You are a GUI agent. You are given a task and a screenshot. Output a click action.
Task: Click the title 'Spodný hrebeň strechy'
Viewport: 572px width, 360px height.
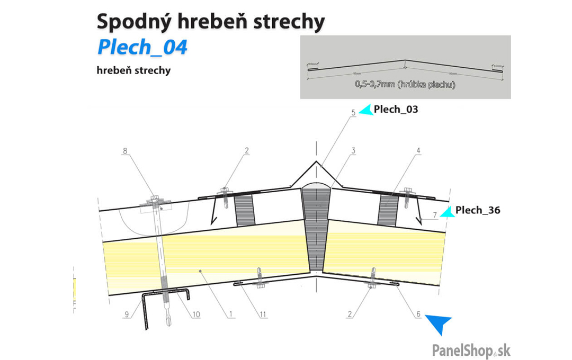pos(210,22)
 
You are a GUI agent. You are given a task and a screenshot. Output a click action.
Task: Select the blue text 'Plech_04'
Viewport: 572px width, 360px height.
pos(142,47)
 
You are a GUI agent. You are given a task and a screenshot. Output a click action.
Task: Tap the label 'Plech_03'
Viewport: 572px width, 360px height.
pos(396,110)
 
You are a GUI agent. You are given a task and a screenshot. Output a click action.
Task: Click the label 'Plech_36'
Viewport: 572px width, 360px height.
pos(478,210)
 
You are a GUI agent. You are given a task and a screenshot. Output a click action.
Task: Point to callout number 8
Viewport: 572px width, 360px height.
pos(125,151)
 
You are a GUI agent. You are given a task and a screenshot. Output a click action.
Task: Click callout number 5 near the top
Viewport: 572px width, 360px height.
pos(352,112)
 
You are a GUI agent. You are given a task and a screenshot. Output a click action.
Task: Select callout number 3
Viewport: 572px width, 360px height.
pos(352,151)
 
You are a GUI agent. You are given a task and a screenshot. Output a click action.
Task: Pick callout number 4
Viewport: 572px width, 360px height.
pos(418,151)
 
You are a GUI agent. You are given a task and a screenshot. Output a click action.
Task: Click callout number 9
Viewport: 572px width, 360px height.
pos(127,314)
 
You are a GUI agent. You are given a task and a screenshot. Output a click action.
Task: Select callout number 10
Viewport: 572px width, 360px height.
pos(195,314)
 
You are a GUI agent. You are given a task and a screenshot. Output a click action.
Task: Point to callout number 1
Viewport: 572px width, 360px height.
pos(231,314)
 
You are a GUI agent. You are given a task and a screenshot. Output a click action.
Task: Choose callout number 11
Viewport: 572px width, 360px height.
pos(263,314)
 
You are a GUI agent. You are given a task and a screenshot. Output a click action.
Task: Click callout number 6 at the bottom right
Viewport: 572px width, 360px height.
pos(418,314)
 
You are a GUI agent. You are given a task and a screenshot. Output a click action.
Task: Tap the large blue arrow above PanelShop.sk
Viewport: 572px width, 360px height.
pos(440,324)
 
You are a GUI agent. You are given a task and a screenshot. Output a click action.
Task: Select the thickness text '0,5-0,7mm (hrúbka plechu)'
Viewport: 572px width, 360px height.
pos(405,84)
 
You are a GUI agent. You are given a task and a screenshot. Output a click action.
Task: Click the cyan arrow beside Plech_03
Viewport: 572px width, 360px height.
pos(366,110)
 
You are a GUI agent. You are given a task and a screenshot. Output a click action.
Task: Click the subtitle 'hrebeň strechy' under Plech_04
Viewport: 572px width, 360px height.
pos(134,70)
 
